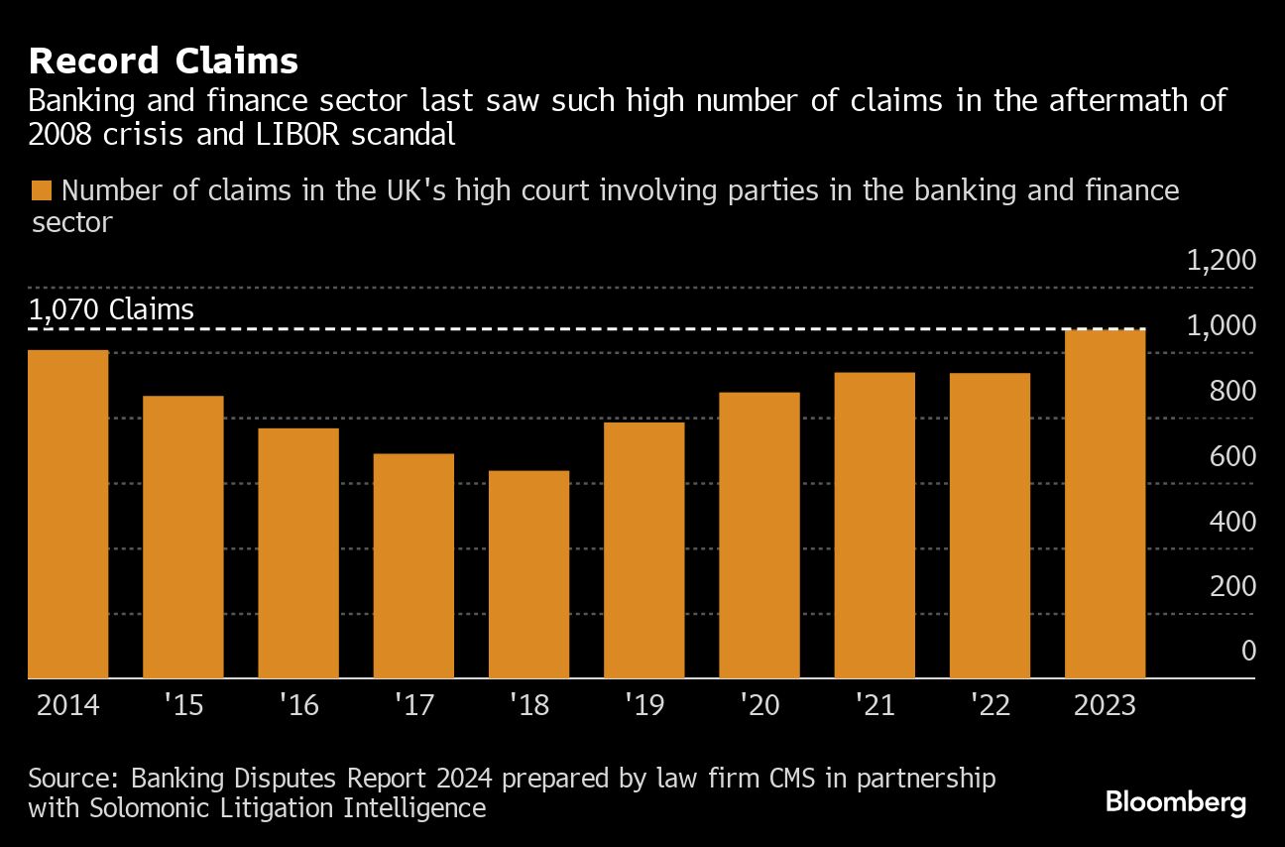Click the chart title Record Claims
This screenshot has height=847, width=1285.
164,61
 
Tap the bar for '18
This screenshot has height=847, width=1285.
529,574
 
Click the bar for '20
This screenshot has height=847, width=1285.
759,536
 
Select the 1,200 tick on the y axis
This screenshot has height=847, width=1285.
1221,260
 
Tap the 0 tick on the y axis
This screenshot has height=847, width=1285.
1247,652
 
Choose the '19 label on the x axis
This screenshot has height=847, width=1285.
644,705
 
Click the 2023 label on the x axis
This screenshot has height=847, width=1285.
1105,705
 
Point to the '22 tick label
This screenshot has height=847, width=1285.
990,705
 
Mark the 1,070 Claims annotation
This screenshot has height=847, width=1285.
111,309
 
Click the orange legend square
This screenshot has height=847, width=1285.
42,190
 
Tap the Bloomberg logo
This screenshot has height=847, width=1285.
1176,801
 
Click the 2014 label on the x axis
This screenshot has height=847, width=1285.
68,705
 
